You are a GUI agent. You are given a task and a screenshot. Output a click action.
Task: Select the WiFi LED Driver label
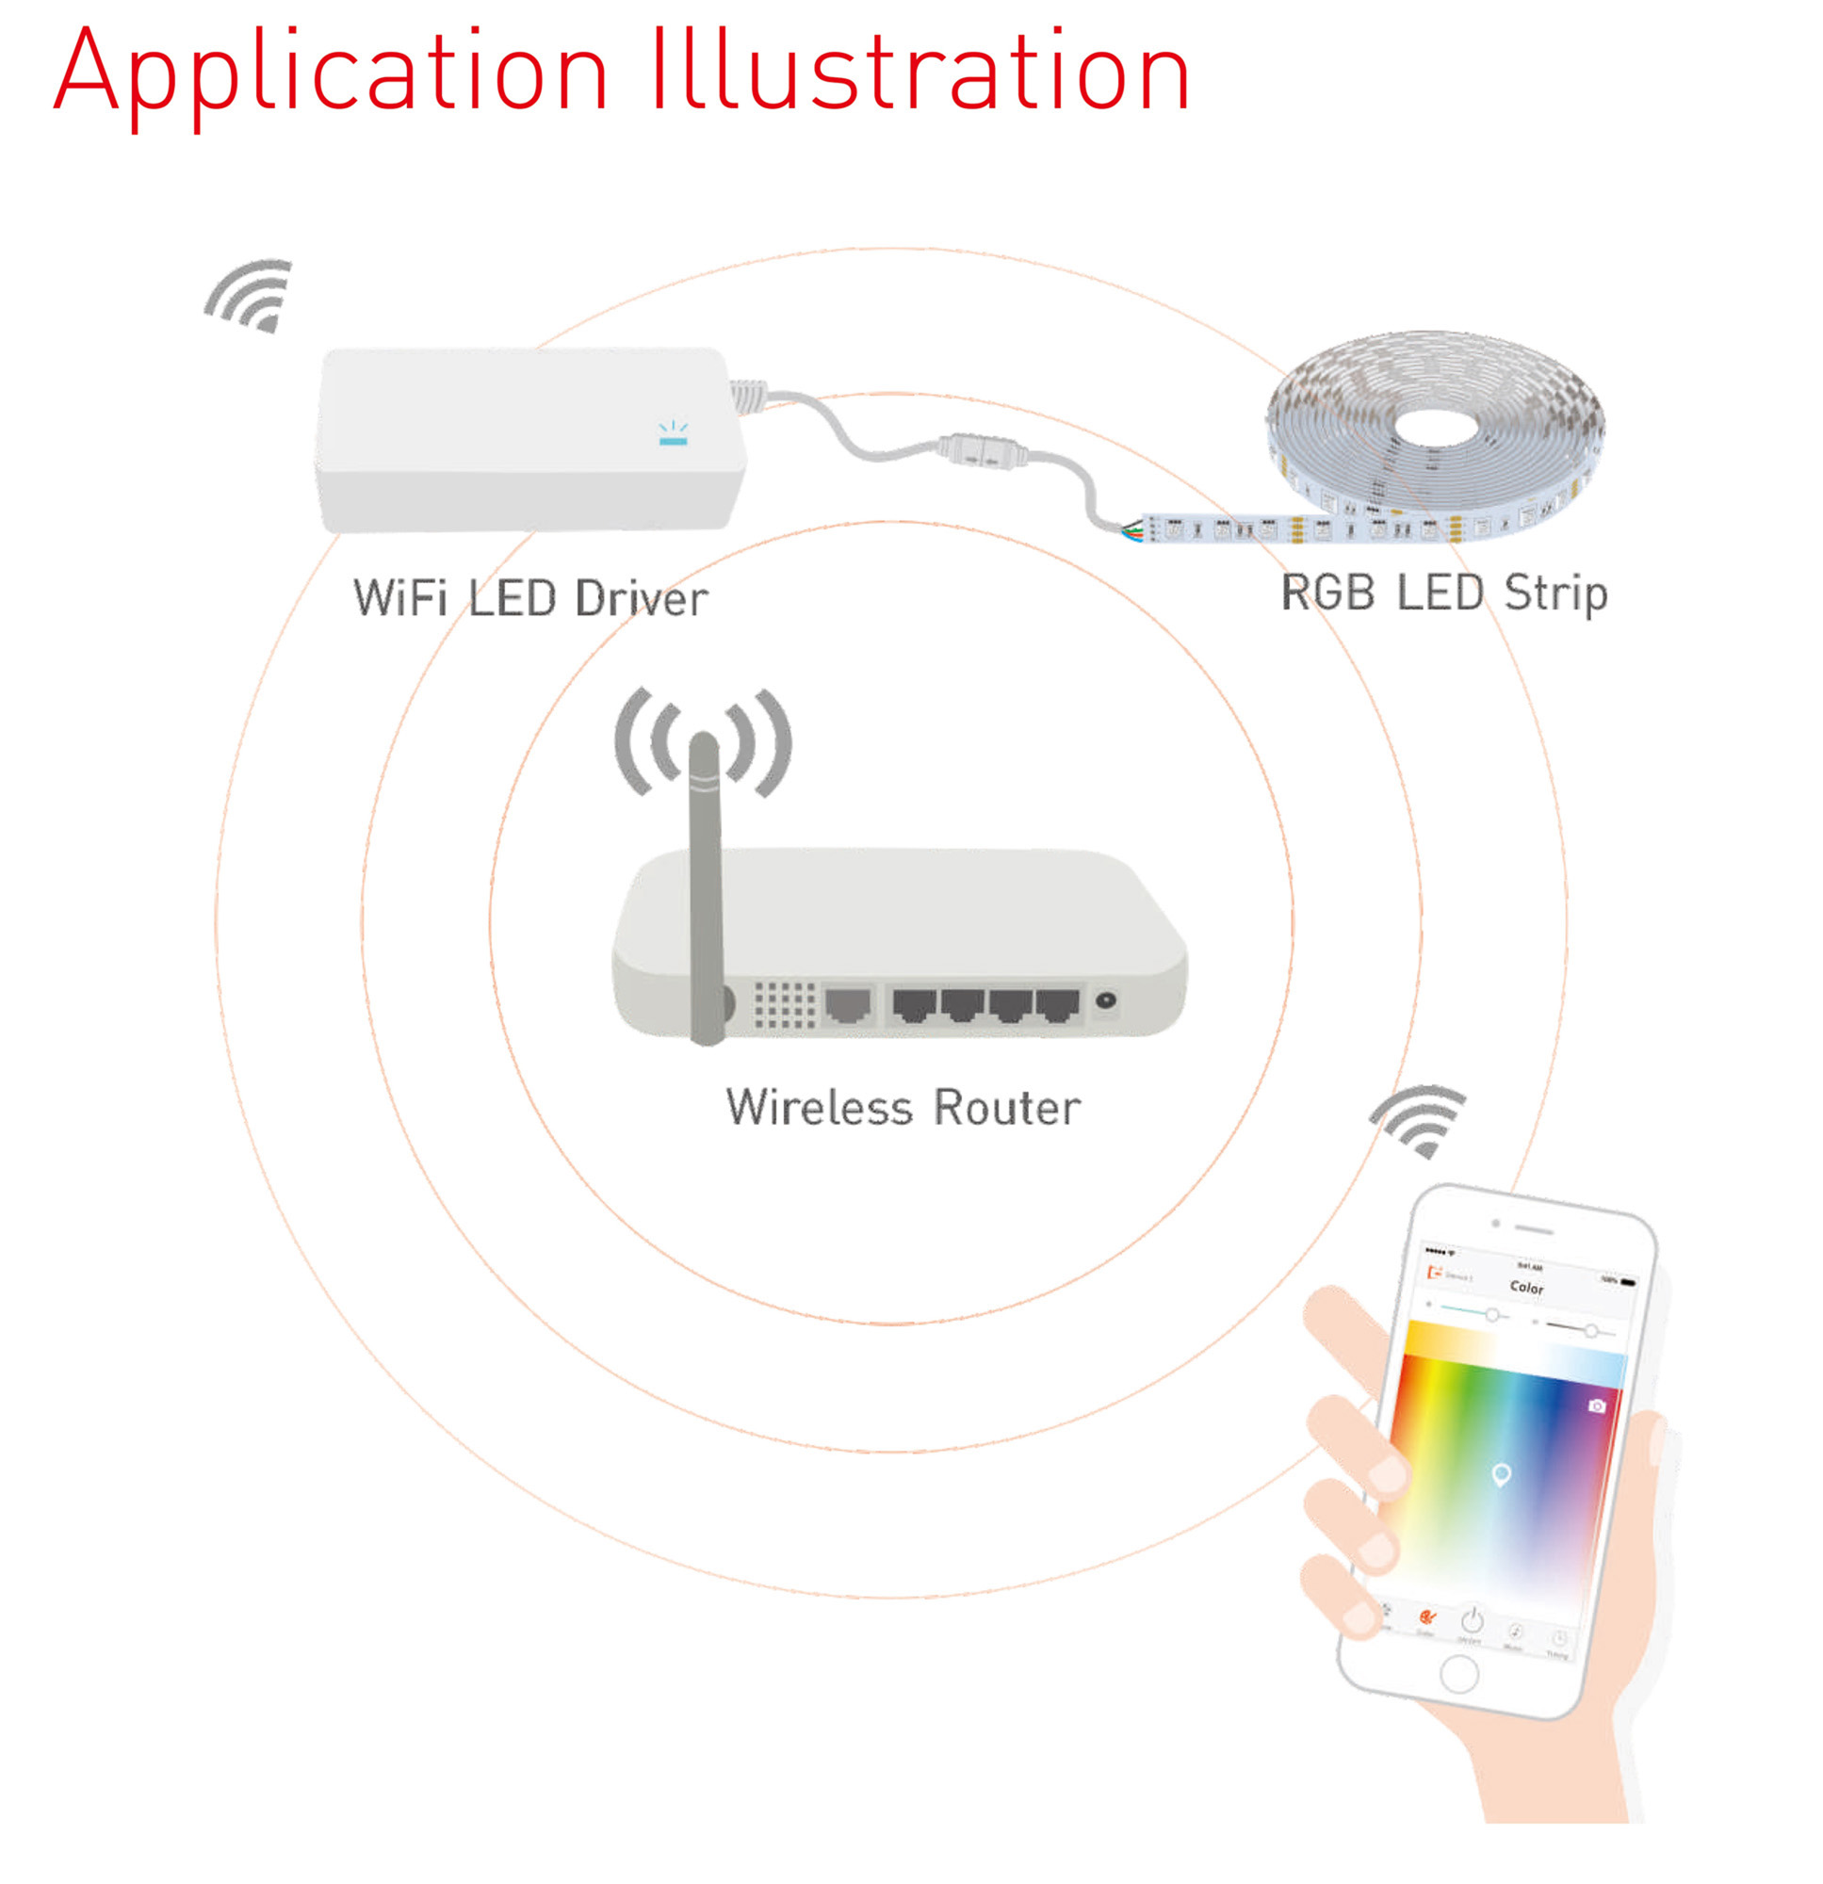tap(529, 598)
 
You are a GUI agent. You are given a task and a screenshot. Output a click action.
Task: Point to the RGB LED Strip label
tap(1443, 593)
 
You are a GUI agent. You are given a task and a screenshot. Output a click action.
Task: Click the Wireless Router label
tap(903, 1108)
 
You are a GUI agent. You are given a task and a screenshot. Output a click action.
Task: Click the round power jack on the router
tap(1106, 1000)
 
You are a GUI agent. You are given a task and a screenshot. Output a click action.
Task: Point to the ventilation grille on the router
tap(784, 1004)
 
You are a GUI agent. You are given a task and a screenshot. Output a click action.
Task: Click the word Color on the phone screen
tap(1526, 1287)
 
